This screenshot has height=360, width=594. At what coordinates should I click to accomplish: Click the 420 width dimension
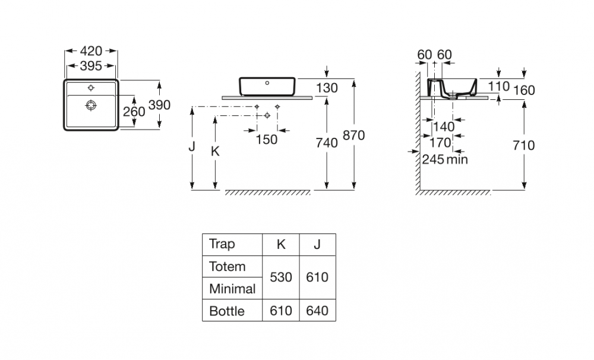click(91, 51)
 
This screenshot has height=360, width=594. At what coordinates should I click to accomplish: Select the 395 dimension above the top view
click(91, 65)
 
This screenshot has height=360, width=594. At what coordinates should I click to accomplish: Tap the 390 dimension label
click(160, 105)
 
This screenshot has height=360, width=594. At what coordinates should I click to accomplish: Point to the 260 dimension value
click(134, 111)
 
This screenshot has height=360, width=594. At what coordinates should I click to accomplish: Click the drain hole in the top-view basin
click(91, 106)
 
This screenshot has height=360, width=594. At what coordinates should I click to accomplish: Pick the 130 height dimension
click(327, 88)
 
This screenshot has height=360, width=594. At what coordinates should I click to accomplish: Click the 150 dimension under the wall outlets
click(267, 139)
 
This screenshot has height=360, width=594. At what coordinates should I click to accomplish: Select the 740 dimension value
click(327, 143)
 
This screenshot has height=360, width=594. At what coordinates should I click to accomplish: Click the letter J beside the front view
click(192, 147)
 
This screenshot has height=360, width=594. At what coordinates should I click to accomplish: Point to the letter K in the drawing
click(216, 151)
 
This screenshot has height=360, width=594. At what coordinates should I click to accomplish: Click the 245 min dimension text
click(445, 159)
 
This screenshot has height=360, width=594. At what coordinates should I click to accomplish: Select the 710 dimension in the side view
click(523, 145)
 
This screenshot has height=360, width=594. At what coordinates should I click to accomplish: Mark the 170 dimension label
click(440, 143)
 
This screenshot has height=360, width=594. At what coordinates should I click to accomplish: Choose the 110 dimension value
click(499, 87)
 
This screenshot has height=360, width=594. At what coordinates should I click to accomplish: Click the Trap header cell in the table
click(222, 244)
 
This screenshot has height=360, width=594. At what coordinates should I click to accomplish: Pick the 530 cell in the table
click(281, 277)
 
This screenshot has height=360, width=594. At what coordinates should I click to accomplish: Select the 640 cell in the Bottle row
click(317, 310)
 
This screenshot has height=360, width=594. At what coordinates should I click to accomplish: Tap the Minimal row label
click(232, 289)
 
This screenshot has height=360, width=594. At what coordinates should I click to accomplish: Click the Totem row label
click(227, 266)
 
